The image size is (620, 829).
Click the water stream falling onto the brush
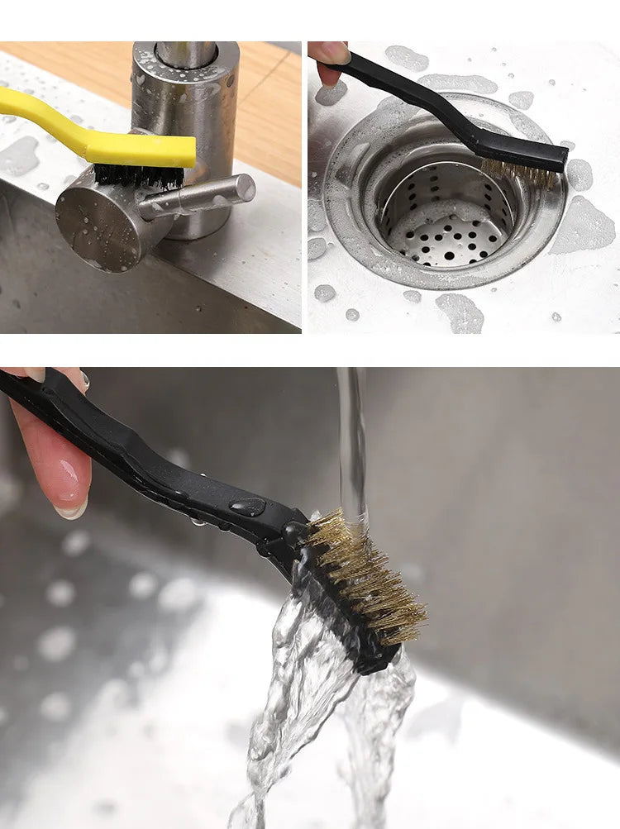[x=351, y=446]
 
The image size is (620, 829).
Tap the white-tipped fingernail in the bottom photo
[x=71, y=510]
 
